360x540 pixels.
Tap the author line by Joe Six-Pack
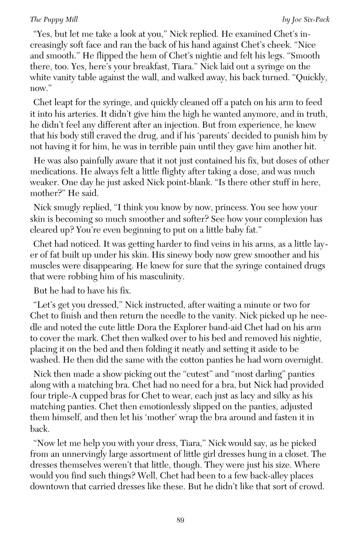(306, 19)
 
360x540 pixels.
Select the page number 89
(180, 520)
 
